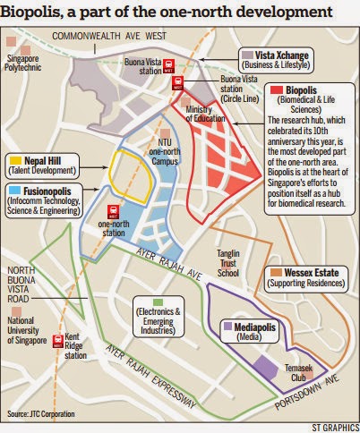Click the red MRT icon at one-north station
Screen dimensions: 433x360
click(x=114, y=213)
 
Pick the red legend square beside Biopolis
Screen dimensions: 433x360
click(x=277, y=90)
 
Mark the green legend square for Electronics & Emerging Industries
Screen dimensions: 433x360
click(x=137, y=301)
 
